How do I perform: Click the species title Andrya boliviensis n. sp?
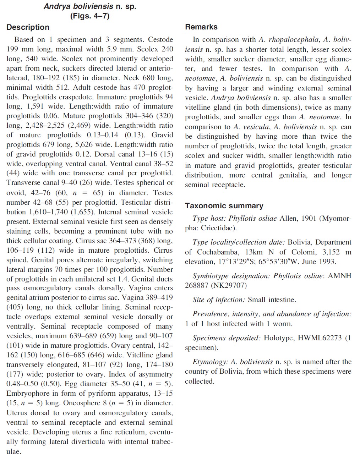pyautogui.click(x=90, y=6)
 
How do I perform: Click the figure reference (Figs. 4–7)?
pyautogui.click(x=90, y=16)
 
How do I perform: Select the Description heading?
pyautogui.click(x=28, y=27)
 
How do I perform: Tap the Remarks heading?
pyautogui.click(x=201, y=27)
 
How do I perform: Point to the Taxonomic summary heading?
pyautogui.click(x=224, y=206)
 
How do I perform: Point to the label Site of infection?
pyautogui.click(x=219, y=300)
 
